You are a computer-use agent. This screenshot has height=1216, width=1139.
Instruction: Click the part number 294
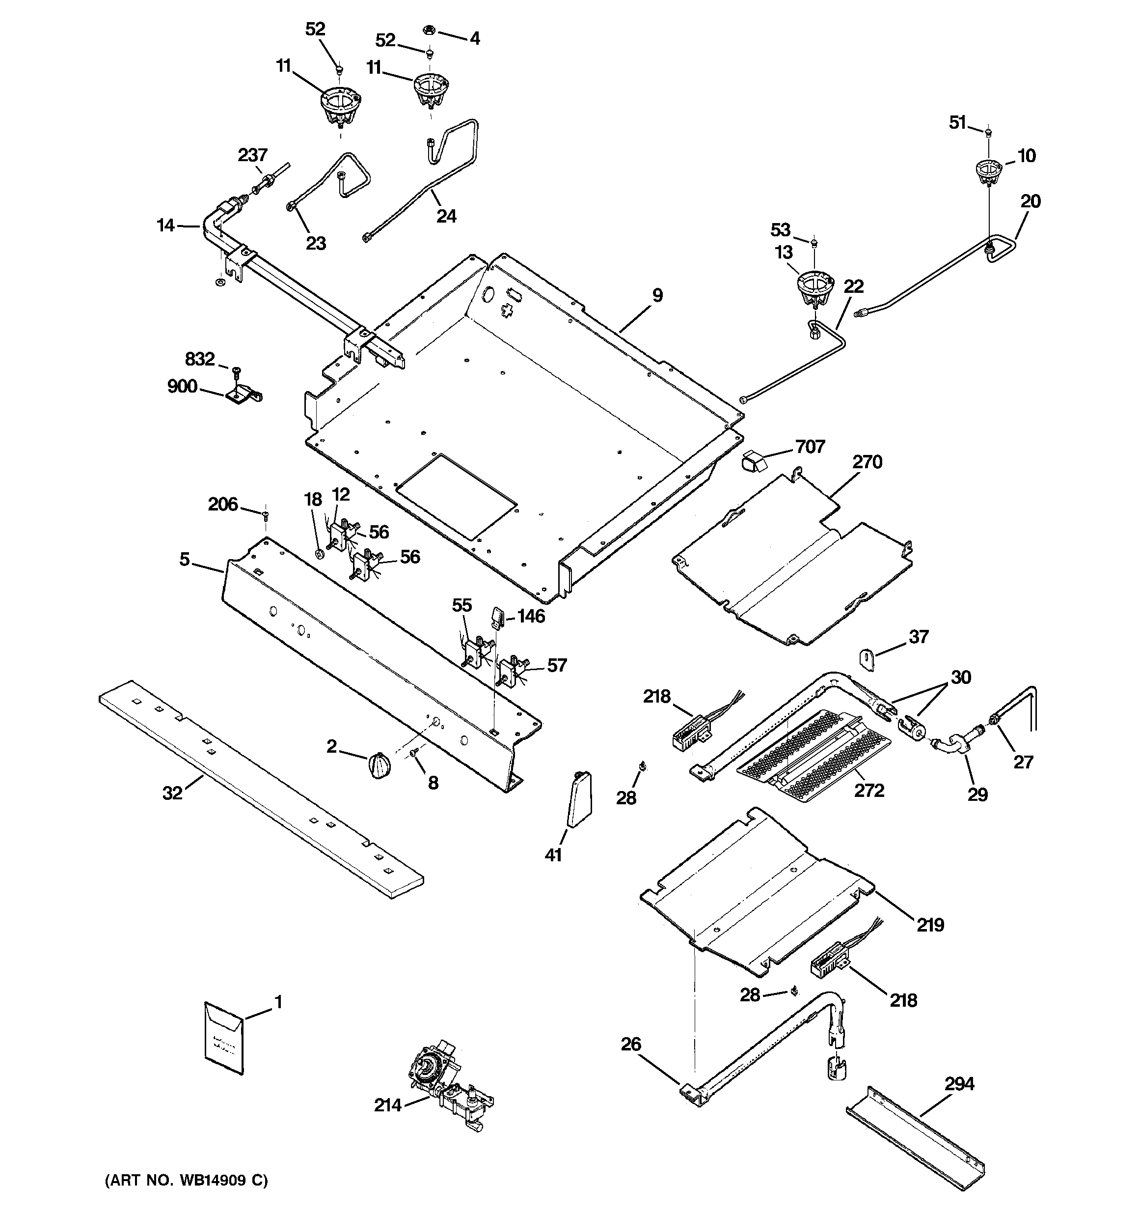click(x=959, y=1084)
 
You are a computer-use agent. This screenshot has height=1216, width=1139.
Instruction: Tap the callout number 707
click(x=810, y=447)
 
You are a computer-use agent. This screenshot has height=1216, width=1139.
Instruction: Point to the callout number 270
click(x=867, y=462)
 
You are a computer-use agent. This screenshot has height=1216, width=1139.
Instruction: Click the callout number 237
click(x=252, y=155)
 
